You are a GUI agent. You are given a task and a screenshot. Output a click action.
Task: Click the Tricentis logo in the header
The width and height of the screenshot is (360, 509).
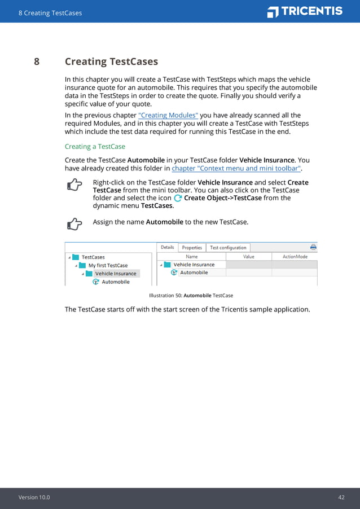tap(305, 12)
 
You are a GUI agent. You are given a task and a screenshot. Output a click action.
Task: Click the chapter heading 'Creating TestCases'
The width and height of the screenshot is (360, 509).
tap(111, 62)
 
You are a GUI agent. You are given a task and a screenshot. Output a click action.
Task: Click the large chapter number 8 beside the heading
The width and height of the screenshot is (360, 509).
tap(37, 62)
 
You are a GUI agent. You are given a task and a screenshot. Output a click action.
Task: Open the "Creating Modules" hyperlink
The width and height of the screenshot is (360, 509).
tap(168, 115)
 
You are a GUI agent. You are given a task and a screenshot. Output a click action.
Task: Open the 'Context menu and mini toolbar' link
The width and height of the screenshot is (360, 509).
tap(236, 168)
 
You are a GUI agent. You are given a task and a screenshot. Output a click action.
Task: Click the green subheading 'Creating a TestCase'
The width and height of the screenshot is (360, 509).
tap(95, 147)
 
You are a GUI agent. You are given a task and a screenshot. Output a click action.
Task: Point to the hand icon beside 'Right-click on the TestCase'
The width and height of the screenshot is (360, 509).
tap(74, 185)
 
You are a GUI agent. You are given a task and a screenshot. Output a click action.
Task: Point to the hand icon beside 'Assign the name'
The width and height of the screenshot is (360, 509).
tap(74, 224)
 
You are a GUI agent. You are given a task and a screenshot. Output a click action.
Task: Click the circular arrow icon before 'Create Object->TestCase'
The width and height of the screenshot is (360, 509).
tap(178, 198)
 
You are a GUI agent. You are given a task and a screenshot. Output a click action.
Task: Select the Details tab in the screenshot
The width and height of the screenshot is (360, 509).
tap(168, 247)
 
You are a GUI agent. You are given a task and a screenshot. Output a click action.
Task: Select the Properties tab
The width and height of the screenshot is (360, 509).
tap(192, 247)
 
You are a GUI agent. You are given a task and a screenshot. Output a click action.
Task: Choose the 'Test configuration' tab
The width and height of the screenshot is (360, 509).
tap(228, 247)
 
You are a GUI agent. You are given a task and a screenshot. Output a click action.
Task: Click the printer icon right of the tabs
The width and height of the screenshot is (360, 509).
tap(313, 247)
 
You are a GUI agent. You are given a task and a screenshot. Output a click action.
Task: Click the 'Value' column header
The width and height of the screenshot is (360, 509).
tap(248, 256)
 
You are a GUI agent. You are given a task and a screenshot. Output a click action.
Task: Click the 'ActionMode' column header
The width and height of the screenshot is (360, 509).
tap(295, 256)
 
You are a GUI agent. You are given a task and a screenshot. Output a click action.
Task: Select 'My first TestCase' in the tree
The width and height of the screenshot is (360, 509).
tap(108, 265)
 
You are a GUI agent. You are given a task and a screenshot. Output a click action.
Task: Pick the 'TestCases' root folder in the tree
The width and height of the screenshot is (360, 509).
tap(93, 257)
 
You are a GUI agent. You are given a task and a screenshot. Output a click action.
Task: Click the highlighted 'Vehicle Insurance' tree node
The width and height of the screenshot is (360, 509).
tap(115, 274)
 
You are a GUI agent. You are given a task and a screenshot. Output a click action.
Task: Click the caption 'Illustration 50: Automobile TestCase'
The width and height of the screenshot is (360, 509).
tap(191, 295)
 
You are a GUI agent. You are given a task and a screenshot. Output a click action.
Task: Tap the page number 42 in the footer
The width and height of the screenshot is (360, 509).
tap(341, 497)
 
